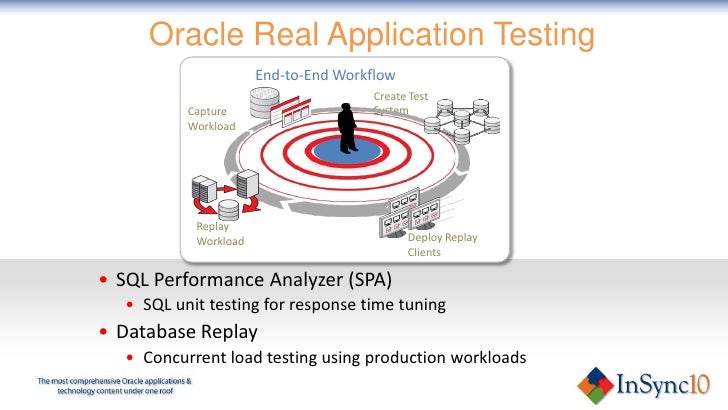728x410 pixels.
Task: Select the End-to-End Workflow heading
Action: click(325, 75)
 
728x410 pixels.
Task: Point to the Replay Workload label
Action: click(219, 233)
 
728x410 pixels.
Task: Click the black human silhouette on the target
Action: click(348, 128)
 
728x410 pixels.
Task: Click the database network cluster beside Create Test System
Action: click(460, 124)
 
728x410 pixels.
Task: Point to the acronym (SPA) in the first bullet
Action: click(365, 278)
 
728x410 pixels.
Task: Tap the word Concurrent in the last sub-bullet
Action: click(186, 357)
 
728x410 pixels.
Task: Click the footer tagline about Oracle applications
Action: click(114, 387)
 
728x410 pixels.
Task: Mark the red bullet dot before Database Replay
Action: click(105, 332)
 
